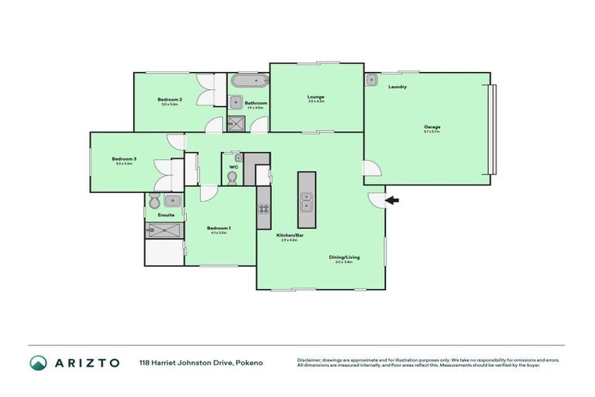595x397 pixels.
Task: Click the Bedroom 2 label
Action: tap(170, 99)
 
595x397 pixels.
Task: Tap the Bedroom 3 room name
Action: tap(125, 158)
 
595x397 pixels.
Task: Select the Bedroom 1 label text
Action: tap(218, 227)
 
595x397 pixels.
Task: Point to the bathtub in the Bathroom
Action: tap(249, 80)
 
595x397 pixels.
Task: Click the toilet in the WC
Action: tap(232, 178)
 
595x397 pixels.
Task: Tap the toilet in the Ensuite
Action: tap(153, 201)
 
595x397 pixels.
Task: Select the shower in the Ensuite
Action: tap(164, 229)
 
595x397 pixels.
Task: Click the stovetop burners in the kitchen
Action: tap(263, 208)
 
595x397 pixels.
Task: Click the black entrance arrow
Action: tap(393, 201)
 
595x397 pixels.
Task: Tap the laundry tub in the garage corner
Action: tap(372, 79)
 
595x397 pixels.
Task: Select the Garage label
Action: tap(432, 126)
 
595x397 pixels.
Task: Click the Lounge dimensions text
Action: tap(315, 102)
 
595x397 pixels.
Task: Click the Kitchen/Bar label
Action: tap(287, 235)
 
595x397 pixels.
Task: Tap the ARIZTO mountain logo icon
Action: tap(38, 362)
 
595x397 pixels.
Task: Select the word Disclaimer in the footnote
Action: tap(311, 360)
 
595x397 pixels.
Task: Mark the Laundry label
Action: tap(397, 87)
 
